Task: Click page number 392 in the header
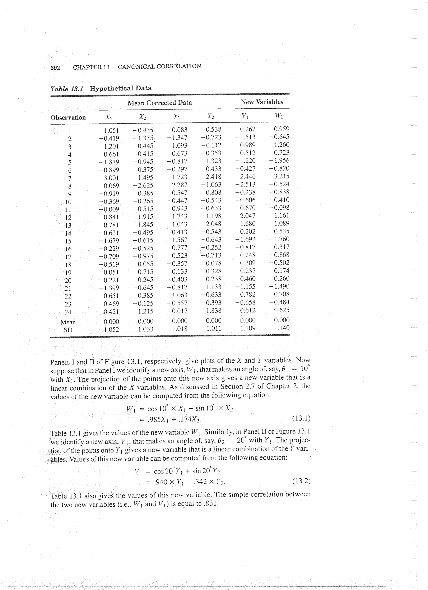click(55, 68)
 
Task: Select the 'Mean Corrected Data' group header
click(159, 103)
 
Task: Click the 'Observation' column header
click(68, 118)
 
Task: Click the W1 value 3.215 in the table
click(282, 176)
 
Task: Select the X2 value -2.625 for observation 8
click(143, 185)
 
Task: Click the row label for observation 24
click(68, 312)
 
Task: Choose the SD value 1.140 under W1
click(282, 328)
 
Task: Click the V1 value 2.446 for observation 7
click(248, 177)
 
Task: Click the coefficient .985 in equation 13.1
click(153, 420)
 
